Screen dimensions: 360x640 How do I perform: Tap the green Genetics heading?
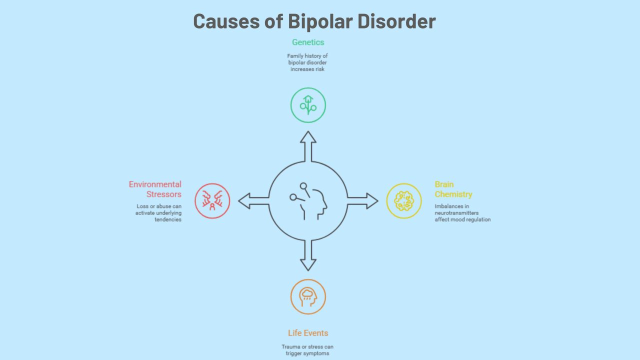(308, 42)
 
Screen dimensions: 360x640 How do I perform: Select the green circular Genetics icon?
(308, 105)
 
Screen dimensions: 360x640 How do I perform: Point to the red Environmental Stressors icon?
(212, 201)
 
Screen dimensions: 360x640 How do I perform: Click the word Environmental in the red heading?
(155, 184)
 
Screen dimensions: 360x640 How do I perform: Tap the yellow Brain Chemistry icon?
(404, 201)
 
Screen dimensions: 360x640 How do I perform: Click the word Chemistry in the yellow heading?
(453, 194)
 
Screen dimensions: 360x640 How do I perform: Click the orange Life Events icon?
(308, 296)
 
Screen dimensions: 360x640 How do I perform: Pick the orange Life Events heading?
(308, 333)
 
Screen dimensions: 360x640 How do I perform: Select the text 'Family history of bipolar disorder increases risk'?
(307, 62)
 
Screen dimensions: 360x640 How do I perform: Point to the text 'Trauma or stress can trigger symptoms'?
(307, 350)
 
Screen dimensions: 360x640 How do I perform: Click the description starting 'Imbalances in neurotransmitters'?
(462, 213)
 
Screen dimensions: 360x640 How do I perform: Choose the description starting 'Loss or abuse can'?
(158, 213)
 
